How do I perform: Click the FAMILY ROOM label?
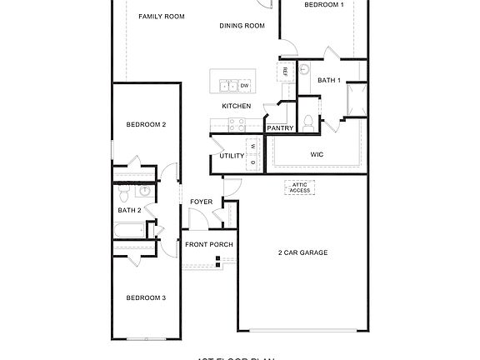point(161,16)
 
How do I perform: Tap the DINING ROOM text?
point(242,26)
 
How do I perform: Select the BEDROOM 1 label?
point(323,5)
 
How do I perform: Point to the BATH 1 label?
point(330,80)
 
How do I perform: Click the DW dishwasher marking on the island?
point(244,85)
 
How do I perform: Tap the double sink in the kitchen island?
point(227,85)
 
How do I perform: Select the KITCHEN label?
point(236,106)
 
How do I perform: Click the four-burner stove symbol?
point(236,125)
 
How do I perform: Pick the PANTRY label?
point(280,127)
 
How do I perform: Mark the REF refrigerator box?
point(286,72)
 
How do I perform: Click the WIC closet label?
point(317,154)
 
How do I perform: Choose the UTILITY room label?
point(232,156)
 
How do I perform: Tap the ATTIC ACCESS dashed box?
point(300,187)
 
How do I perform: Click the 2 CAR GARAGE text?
point(302,252)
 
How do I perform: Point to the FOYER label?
point(201,202)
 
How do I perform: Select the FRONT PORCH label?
point(208,244)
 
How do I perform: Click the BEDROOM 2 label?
point(146,124)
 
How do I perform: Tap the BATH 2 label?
point(129,210)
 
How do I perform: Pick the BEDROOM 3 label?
point(146,297)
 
